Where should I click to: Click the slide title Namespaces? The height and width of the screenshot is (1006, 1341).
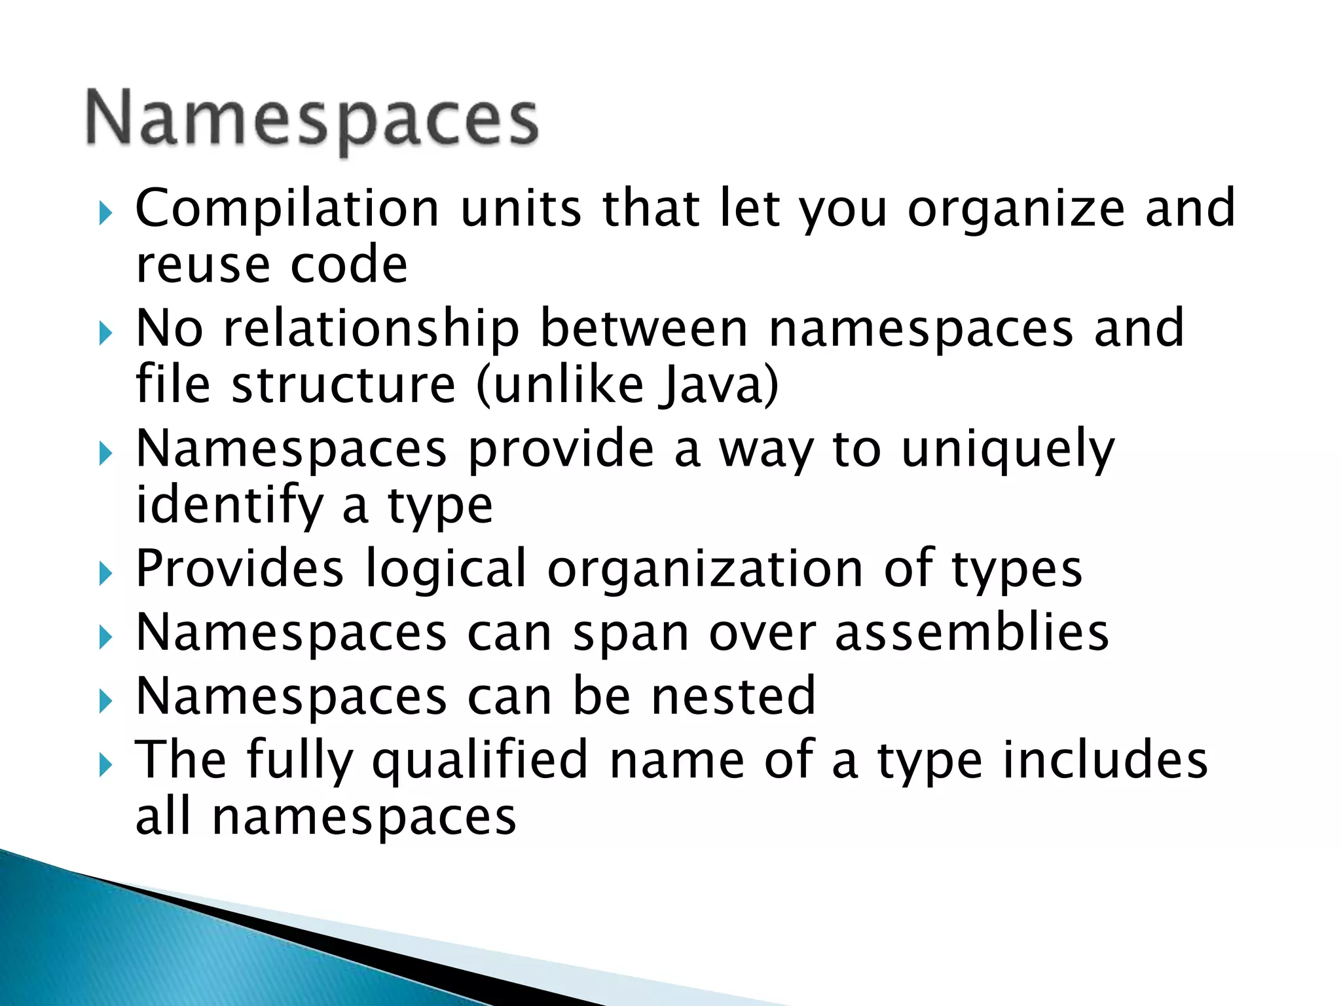coord(312,120)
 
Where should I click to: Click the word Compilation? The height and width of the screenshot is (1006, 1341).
coord(287,208)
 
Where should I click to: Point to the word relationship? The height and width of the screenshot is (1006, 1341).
coord(371,328)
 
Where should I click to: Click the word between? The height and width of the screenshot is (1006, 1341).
coord(644,328)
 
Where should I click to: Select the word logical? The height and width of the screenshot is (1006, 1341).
coord(446,568)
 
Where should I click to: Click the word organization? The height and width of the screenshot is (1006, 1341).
coord(705,568)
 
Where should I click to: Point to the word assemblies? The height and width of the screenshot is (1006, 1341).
coord(972,633)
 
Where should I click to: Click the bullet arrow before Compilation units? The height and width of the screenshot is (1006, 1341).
coord(105,213)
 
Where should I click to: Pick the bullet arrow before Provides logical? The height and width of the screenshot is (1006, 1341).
coord(105,574)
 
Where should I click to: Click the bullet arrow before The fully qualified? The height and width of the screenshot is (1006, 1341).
coord(105,764)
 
